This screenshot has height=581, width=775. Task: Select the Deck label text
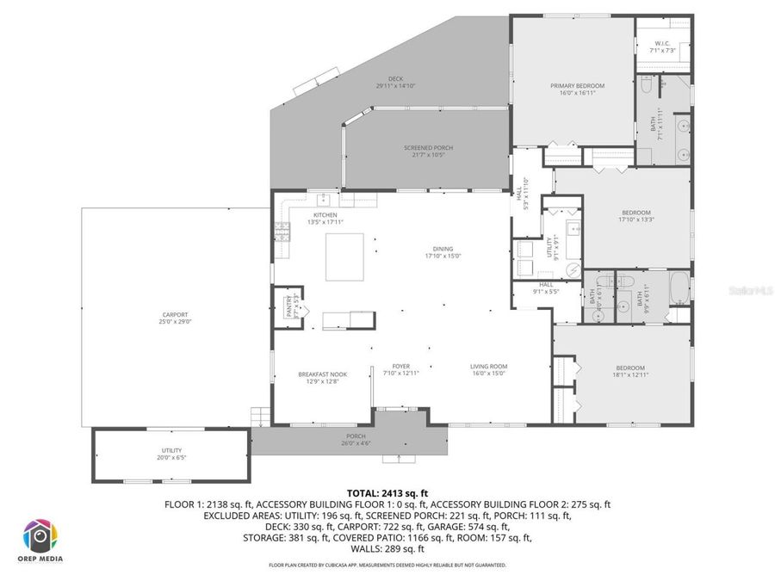[x=395, y=82]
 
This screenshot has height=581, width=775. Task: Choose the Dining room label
[x=443, y=251]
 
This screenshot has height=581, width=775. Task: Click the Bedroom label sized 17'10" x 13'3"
[x=636, y=215]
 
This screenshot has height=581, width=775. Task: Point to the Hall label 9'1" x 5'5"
[x=546, y=287]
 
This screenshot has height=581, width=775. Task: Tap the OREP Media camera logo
[x=40, y=536]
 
